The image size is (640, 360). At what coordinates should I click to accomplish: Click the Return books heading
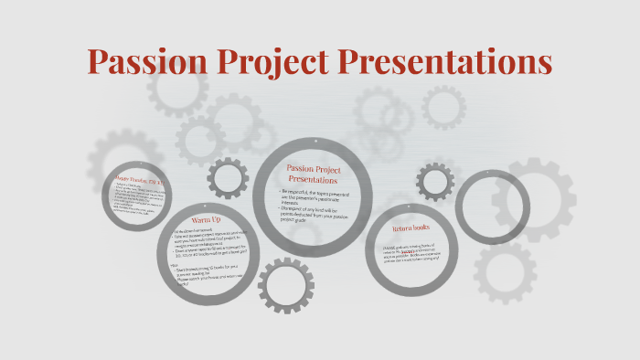pyautogui.click(x=414, y=230)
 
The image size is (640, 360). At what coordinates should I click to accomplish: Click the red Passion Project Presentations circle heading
pyautogui.click(x=315, y=174)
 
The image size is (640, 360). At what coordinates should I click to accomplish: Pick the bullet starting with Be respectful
pyautogui.click(x=316, y=196)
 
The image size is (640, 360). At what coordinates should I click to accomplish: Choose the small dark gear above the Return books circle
pyautogui.click(x=435, y=182)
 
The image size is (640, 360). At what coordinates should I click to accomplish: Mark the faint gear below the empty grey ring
pyautogui.click(x=504, y=272)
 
